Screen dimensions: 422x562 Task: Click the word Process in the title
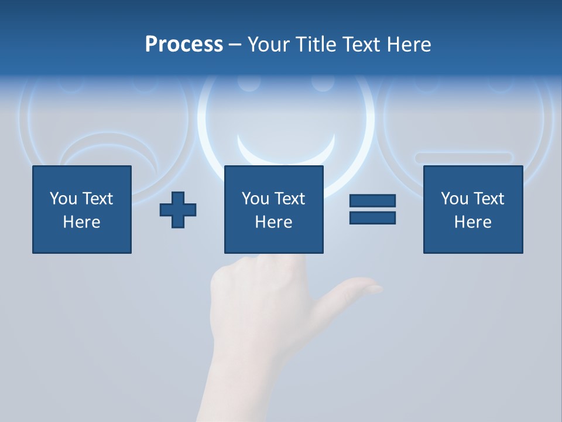[x=184, y=45]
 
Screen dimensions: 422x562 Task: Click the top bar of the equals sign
[x=372, y=201]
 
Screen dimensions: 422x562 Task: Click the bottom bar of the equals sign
[x=372, y=218]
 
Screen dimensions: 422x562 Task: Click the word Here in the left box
[x=82, y=222]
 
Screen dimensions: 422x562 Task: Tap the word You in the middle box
[x=255, y=199]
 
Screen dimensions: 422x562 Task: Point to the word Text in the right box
[x=488, y=199]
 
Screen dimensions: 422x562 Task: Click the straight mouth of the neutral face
[x=464, y=158]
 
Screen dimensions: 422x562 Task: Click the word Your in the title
[x=268, y=45]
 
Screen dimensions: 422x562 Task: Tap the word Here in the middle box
[x=274, y=222]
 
